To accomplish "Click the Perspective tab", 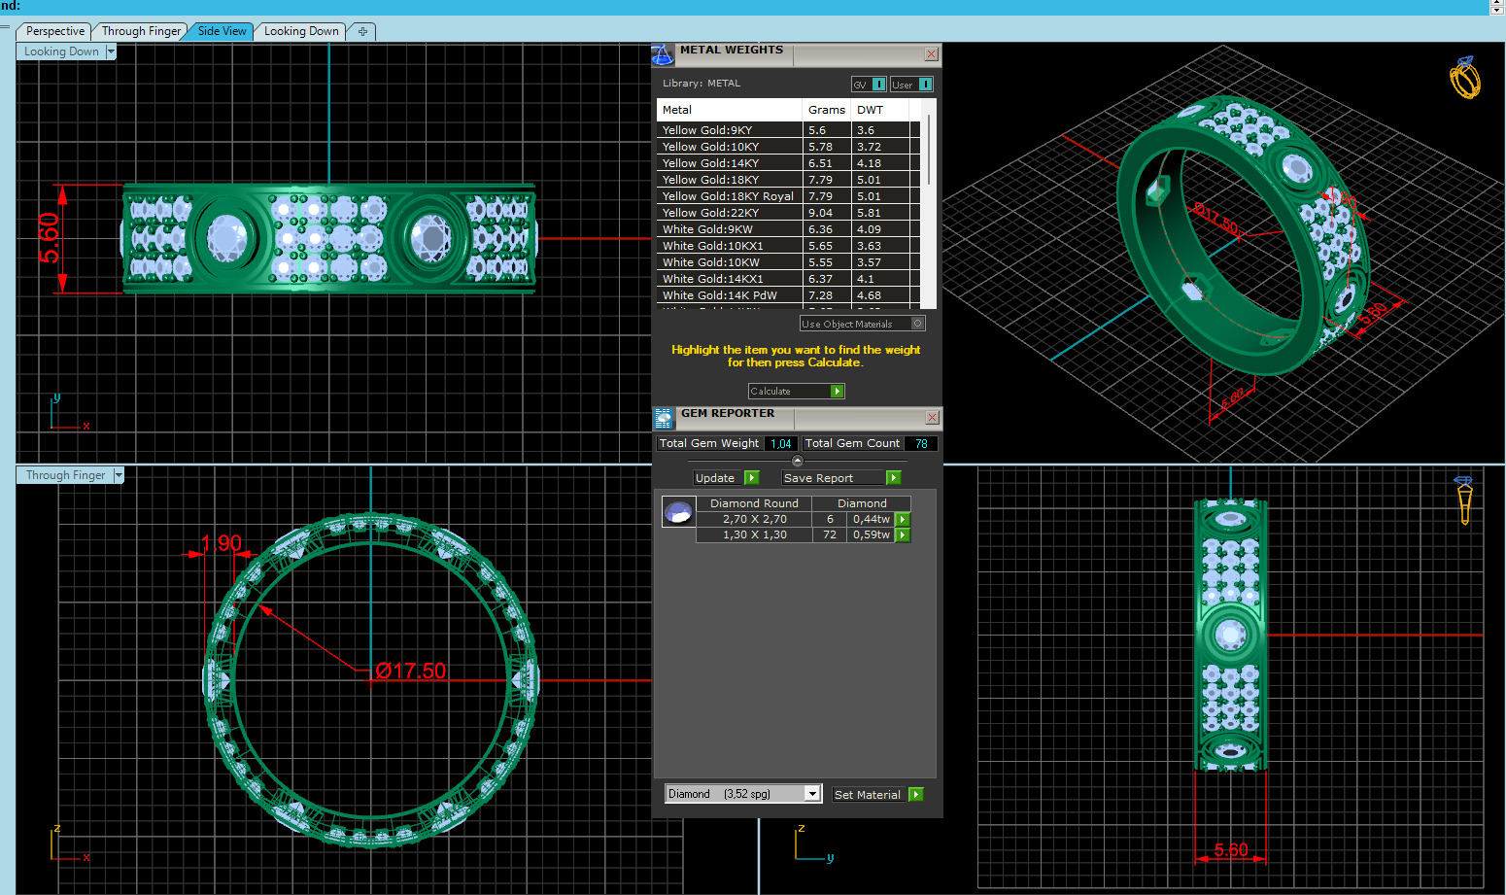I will (54, 31).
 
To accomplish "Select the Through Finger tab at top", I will (141, 31).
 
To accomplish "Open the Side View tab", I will (222, 31).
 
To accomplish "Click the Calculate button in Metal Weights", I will (796, 391).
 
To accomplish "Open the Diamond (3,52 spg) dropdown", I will (812, 794).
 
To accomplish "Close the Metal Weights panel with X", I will (931, 54).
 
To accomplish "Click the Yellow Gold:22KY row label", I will (710, 213).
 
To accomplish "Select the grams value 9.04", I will (820, 213).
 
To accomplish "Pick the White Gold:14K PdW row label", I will (719, 295).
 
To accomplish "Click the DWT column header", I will (870, 110).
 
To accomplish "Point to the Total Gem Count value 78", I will (921, 444).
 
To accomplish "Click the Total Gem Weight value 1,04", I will (780, 444).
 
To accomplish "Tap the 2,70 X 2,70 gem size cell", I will (754, 519).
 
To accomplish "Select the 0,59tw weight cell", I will (871, 534).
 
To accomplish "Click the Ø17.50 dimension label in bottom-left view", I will (411, 671).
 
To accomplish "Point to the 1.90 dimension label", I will (222, 543).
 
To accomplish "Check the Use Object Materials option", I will (917, 324).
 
